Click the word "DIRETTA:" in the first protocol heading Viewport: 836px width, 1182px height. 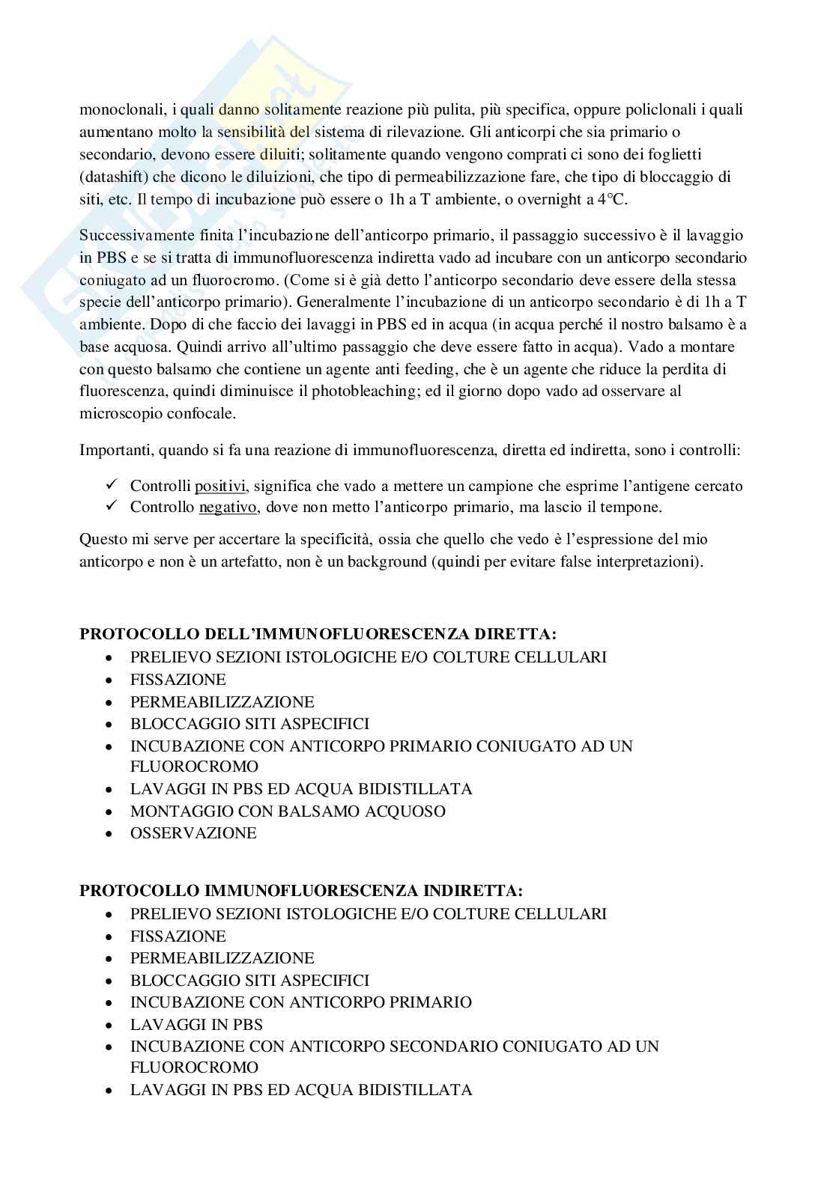click(517, 635)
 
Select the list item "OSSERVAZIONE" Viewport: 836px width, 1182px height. click(193, 833)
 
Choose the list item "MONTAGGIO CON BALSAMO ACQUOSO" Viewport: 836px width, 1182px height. click(288, 811)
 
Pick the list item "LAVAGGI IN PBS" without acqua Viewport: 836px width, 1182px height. click(196, 1024)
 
